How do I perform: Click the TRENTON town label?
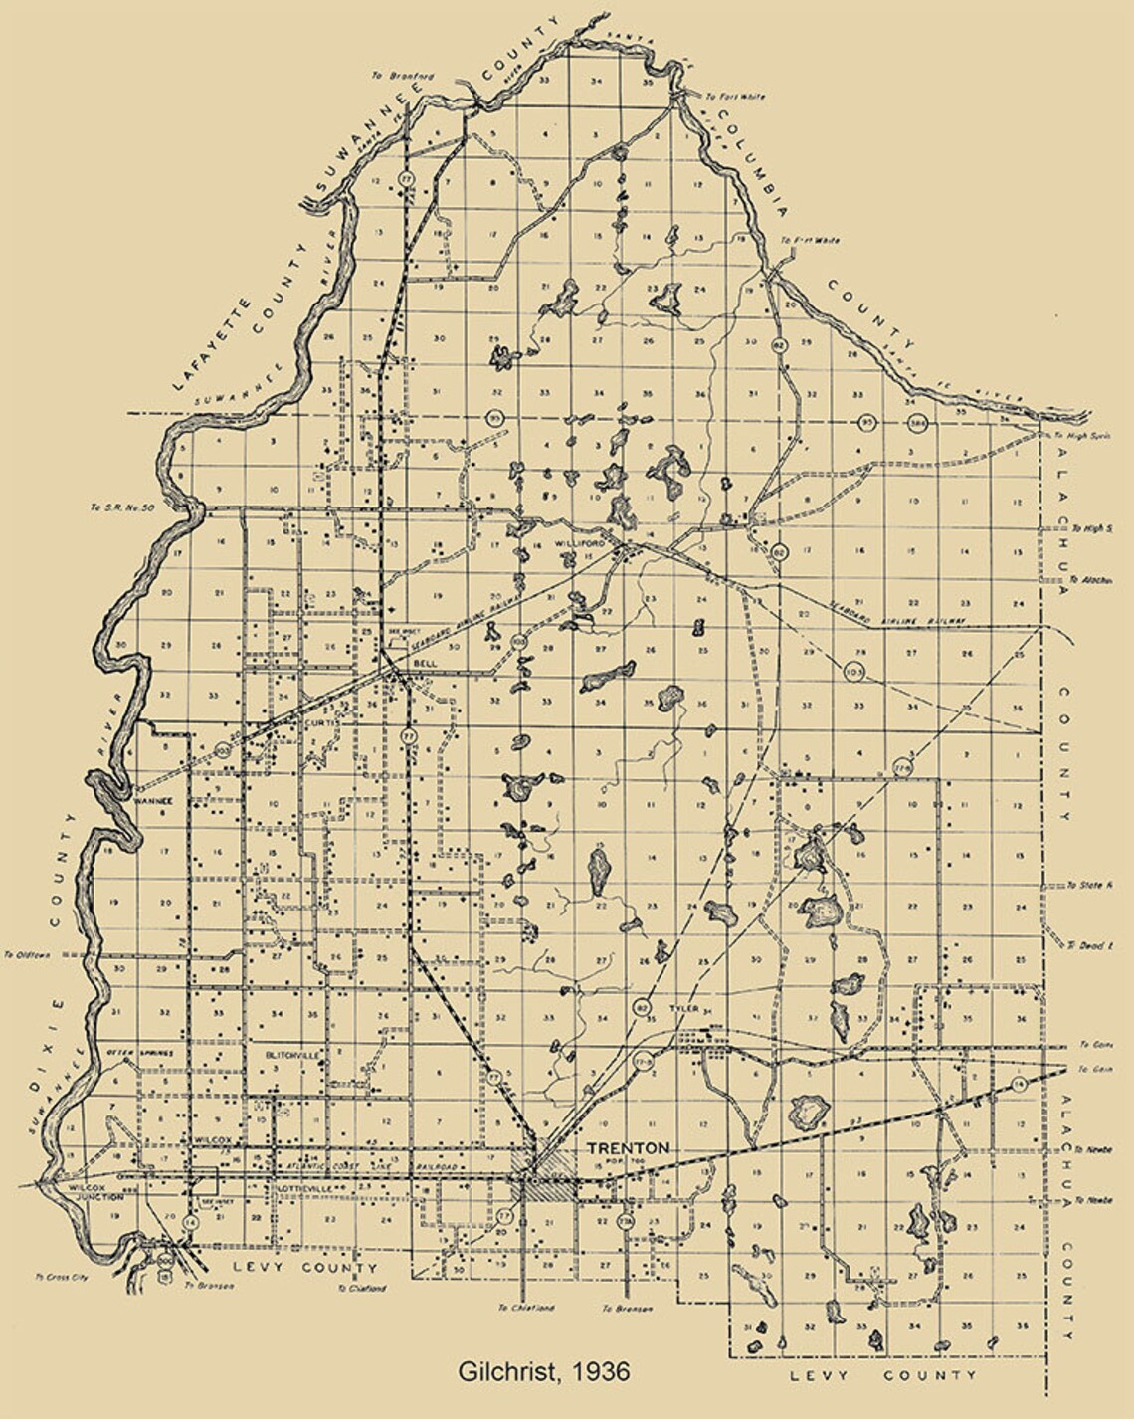628,1147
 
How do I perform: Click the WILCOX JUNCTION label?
94,1193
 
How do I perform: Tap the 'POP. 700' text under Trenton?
631,1162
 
